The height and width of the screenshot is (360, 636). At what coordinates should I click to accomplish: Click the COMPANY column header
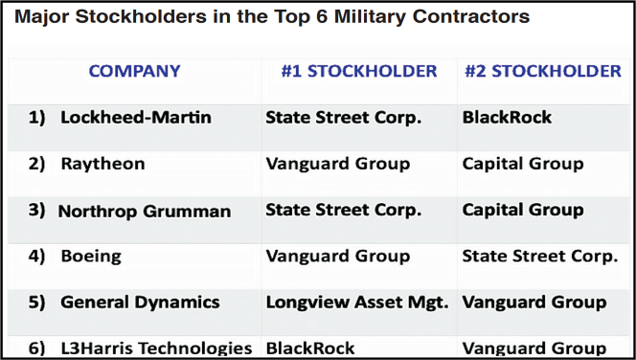click(x=134, y=71)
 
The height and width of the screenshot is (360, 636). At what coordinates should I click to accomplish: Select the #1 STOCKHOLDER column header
click(x=359, y=71)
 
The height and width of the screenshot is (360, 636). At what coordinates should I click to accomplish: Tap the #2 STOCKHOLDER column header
click(x=543, y=71)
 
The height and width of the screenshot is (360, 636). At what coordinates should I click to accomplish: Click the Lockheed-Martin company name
click(x=136, y=118)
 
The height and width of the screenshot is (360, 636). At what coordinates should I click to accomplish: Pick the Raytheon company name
click(x=102, y=164)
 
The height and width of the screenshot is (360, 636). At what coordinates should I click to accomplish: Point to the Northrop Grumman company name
click(x=145, y=211)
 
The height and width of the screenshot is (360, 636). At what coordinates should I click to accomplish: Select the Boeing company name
click(x=93, y=257)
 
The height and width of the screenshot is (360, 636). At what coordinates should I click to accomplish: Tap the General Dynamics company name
click(x=140, y=303)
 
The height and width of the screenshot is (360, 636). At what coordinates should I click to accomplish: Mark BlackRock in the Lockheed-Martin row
click(x=507, y=118)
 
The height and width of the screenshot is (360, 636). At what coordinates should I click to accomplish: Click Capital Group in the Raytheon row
click(x=523, y=164)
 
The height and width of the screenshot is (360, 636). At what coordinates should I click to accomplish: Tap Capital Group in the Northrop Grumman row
click(x=523, y=210)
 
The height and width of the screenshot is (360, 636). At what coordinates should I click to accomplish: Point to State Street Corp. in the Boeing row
click(x=540, y=257)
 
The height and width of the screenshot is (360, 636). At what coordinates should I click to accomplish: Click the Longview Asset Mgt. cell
click(x=356, y=303)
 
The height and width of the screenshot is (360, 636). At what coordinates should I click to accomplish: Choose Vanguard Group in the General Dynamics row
click(x=534, y=303)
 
